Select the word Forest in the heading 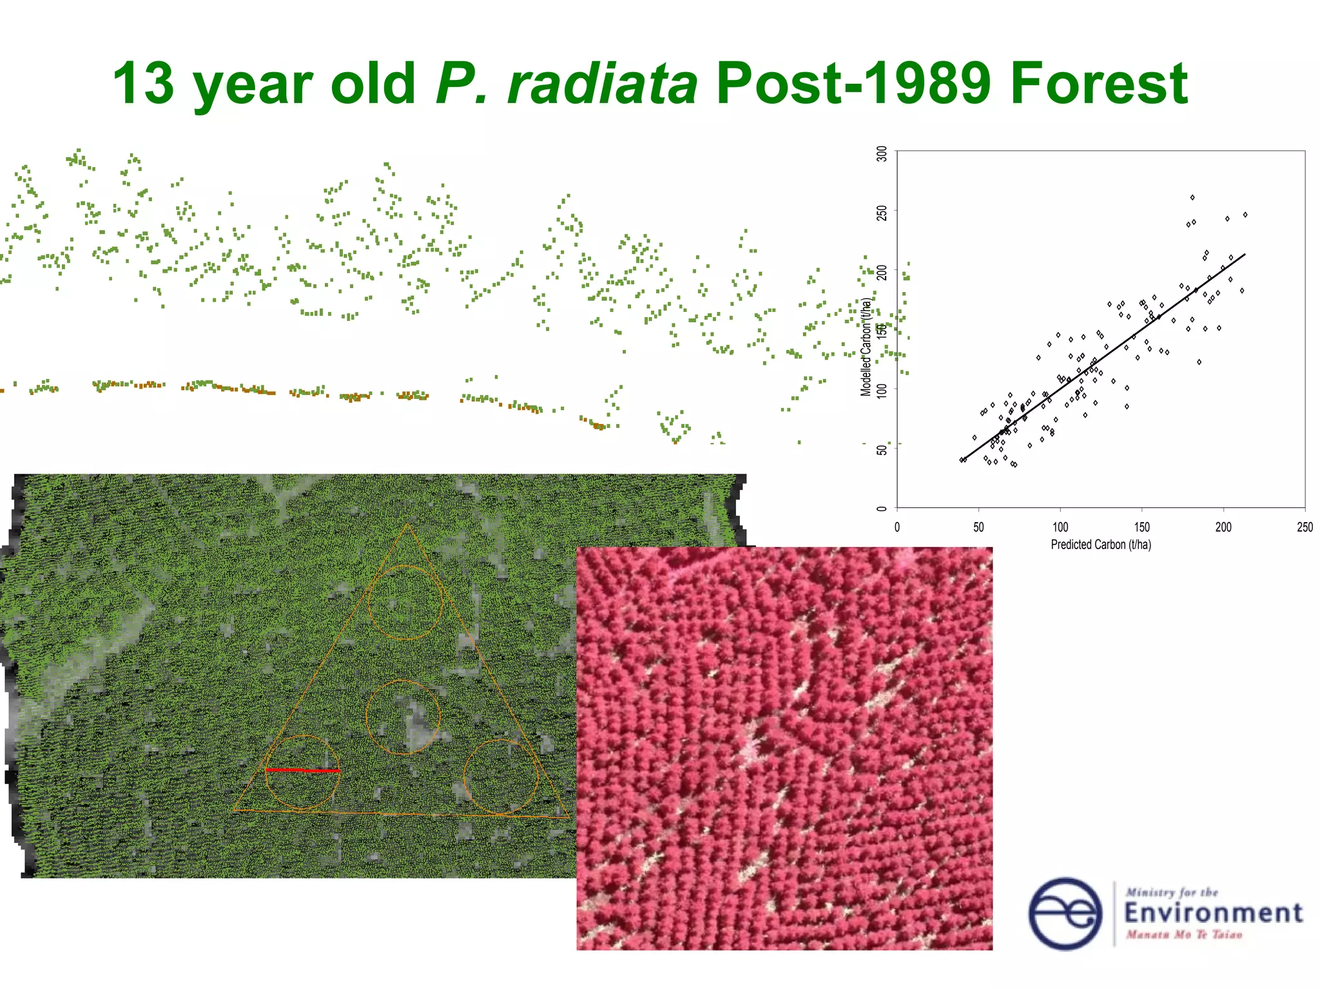coord(1098,83)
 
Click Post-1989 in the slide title coord(853,83)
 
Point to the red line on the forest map coord(302,770)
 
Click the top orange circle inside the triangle coord(405,603)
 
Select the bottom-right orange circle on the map coord(501,777)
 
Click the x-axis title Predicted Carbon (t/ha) coord(1100,545)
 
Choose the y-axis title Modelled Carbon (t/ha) coord(866,347)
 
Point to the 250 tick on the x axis coord(1305,527)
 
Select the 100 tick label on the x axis coord(1060,527)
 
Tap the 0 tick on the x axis coord(897,527)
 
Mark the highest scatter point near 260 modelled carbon coord(1192,197)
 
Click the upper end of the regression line coord(1245,255)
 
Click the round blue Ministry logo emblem coord(1065,913)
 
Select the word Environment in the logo coord(1213,913)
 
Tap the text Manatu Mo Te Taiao coord(1183,935)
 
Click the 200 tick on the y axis coord(882,272)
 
